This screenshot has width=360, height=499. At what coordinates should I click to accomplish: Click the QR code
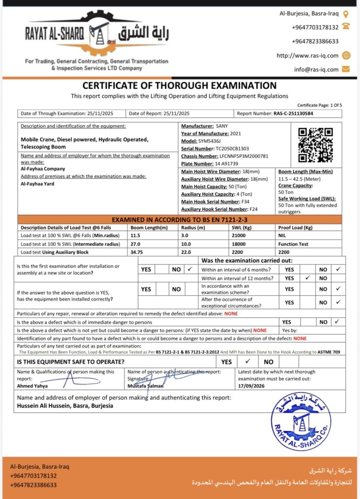(x=315, y=145)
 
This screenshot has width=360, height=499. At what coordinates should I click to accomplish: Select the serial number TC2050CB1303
(x=231, y=148)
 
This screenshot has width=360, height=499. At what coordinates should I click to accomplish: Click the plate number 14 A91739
(x=224, y=164)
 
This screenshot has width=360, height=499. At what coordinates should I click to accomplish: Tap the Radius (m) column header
(x=194, y=228)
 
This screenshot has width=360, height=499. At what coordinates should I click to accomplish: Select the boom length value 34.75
(x=139, y=252)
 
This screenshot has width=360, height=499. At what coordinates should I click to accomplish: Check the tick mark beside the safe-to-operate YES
(x=247, y=362)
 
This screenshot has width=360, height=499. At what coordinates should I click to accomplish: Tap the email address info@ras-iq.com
(x=316, y=69)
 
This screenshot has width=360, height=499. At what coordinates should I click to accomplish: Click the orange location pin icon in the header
(x=346, y=14)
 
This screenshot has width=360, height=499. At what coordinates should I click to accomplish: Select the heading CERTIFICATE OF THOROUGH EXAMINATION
(x=180, y=86)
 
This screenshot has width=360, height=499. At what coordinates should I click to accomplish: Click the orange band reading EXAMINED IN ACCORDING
(x=180, y=220)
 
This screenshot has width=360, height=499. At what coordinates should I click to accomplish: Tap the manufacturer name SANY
(x=222, y=126)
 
